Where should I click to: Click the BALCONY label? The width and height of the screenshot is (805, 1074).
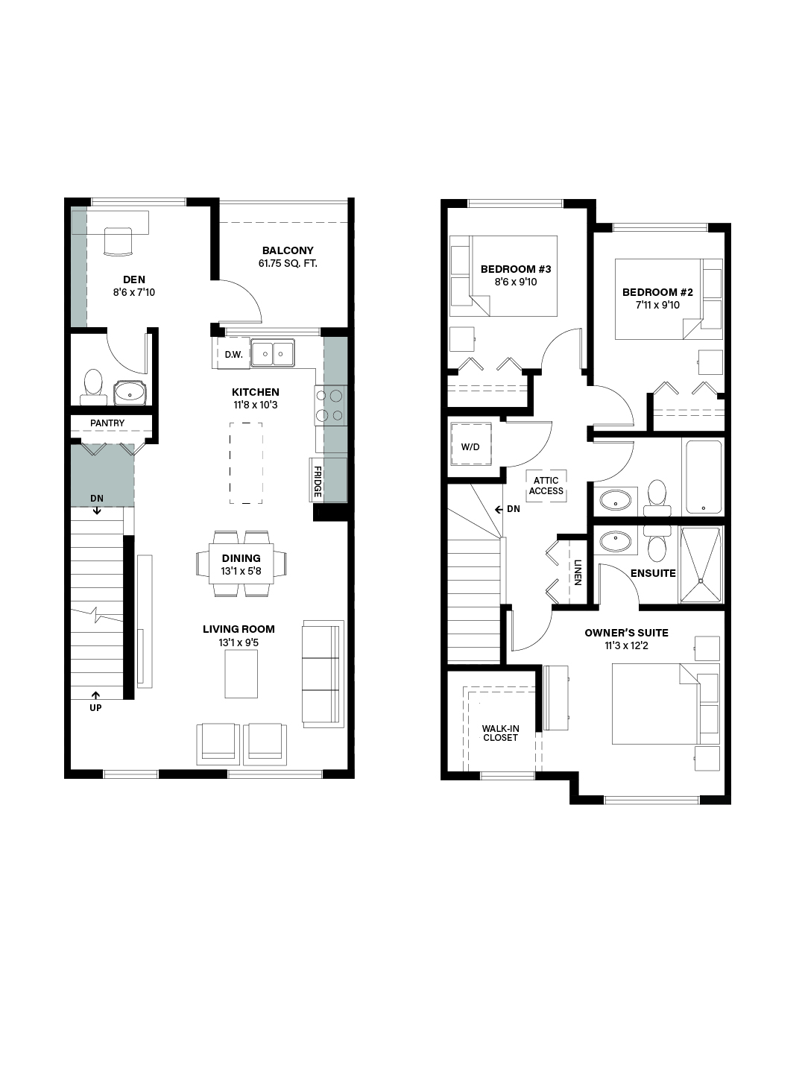(288, 250)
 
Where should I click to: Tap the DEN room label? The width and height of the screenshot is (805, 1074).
(134, 279)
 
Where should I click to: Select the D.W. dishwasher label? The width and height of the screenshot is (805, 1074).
(234, 355)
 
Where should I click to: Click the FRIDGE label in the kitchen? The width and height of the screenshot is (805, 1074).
(317, 482)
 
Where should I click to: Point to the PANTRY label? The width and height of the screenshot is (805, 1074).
(107, 423)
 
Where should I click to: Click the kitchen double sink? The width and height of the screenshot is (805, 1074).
(273, 353)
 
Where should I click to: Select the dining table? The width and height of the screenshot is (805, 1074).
(241, 564)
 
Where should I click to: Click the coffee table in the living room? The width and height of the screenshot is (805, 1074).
(241, 675)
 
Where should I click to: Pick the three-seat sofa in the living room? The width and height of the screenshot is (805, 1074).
(322, 674)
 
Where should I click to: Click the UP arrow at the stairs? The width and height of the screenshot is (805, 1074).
(96, 695)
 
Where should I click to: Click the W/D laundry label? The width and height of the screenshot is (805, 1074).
(470, 447)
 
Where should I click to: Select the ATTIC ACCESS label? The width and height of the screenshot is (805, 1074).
(546, 486)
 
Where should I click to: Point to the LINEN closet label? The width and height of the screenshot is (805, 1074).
(578, 572)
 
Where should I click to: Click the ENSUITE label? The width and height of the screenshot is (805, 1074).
(653, 573)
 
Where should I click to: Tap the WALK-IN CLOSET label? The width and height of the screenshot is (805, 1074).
(500, 733)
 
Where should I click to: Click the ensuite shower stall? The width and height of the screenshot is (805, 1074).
(701, 564)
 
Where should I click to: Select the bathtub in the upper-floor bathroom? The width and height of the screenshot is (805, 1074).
(704, 476)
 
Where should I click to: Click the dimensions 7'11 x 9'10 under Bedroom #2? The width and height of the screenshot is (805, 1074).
(657, 305)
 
